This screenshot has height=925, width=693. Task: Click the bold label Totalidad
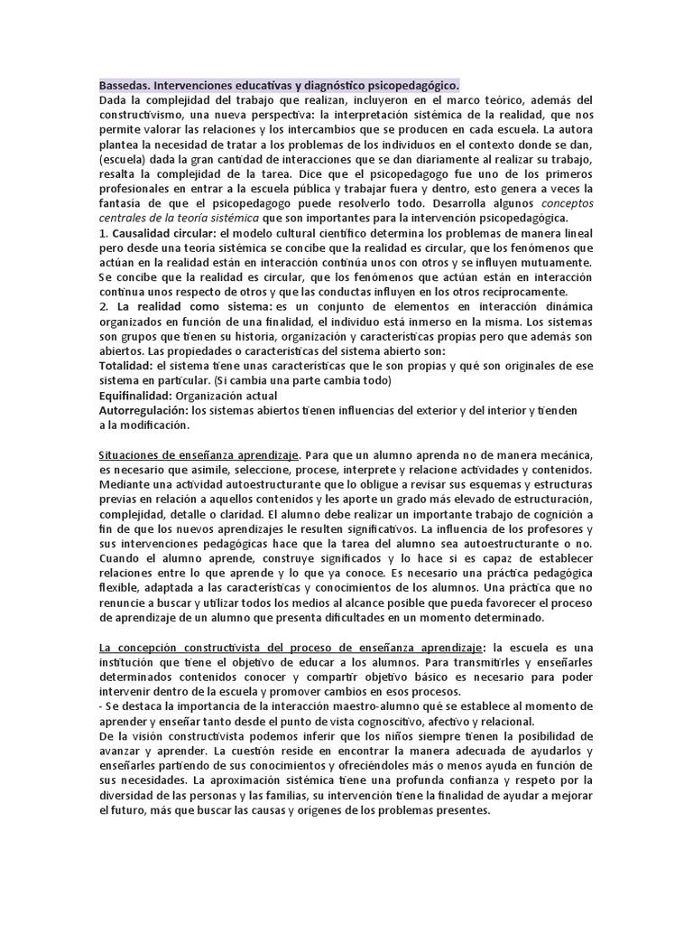[x=125, y=365]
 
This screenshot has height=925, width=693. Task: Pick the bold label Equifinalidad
[x=135, y=395]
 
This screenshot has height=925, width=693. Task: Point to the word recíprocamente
[x=519, y=292]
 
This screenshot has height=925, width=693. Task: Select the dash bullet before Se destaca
[x=101, y=706]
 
